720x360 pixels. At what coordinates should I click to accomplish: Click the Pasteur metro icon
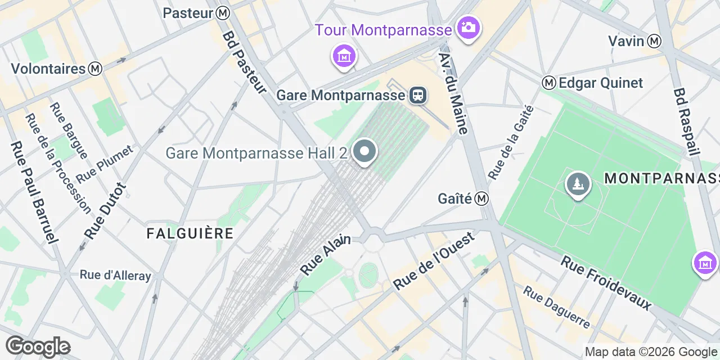(223, 12)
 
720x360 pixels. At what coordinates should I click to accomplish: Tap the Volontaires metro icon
(96, 69)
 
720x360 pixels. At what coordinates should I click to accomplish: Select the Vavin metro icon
(654, 40)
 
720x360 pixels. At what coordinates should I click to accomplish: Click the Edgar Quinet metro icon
(549, 83)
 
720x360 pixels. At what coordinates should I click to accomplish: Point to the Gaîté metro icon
(481, 199)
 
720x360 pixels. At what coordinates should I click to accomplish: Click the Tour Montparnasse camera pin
(467, 27)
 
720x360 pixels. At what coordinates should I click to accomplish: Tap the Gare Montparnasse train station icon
(417, 94)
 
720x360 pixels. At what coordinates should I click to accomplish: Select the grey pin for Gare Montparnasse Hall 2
(365, 151)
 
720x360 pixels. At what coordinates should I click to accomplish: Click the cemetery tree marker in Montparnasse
(578, 183)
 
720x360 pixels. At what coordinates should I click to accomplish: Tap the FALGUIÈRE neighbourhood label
(190, 233)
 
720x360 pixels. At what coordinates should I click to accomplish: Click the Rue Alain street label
(326, 255)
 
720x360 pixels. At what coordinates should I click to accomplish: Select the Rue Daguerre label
(556, 307)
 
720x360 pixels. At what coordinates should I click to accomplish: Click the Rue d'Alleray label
(115, 275)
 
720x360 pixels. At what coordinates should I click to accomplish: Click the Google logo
(38, 346)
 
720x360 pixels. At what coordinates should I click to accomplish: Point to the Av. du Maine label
(453, 94)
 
